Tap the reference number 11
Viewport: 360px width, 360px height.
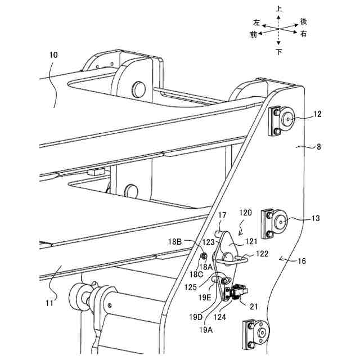[49, 303]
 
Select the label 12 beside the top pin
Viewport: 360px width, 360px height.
[318, 114]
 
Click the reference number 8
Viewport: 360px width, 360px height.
[319, 147]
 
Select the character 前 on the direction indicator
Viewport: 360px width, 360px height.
[254, 34]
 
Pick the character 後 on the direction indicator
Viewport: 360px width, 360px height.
[304, 21]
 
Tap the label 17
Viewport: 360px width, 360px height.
[222, 214]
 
